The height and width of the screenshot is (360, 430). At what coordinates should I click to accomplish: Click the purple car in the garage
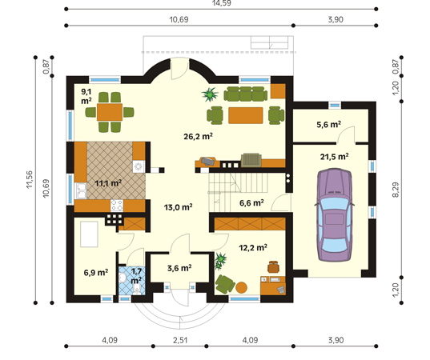[x=334, y=215]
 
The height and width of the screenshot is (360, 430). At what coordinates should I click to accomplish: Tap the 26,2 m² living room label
[x=198, y=136]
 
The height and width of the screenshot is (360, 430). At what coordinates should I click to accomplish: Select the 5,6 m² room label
[x=329, y=125]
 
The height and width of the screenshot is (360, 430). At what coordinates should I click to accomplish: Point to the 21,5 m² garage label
[x=334, y=157]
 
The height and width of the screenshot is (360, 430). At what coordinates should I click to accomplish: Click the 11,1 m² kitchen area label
[x=108, y=183]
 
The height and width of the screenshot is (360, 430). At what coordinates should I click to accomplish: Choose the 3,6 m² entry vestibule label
[x=179, y=268]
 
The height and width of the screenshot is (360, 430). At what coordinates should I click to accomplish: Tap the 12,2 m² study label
[x=253, y=248]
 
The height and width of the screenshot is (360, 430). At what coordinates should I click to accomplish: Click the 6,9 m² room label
[x=96, y=273]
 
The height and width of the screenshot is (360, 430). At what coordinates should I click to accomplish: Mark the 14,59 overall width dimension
[x=221, y=3]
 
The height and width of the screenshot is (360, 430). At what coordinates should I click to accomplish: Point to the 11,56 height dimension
[x=30, y=179]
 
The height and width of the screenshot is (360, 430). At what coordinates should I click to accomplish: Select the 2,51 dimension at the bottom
[x=180, y=340]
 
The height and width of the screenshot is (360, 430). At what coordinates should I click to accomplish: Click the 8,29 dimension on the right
[x=396, y=190]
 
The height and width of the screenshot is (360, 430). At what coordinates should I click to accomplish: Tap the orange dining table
[x=110, y=112]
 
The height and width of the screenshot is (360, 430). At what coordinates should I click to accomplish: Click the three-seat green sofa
[x=246, y=94]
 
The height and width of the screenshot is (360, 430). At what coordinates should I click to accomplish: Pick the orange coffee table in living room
[x=246, y=115]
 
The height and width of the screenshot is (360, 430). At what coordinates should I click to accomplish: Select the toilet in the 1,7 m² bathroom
[x=136, y=289]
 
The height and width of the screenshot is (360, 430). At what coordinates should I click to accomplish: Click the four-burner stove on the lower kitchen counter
[x=117, y=206]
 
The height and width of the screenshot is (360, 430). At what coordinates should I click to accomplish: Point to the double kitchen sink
[x=81, y=190]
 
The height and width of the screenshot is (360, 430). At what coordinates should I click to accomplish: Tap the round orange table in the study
[x=241, y=287]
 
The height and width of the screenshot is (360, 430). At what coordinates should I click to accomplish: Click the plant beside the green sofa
[x=210, y=94]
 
